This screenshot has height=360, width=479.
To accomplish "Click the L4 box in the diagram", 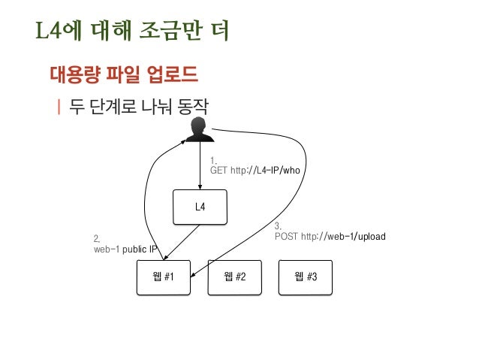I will (200, 207).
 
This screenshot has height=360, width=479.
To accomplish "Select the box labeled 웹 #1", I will (163, 277).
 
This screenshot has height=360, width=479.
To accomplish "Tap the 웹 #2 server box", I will (235, 277).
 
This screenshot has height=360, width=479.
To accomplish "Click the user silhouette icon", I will (199, 129).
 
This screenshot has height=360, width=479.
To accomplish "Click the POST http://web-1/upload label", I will (330, 237).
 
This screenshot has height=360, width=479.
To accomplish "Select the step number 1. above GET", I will (213, 160).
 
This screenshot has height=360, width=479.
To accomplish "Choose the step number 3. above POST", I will (278, 226).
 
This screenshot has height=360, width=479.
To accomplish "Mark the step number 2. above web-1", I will (97, 238).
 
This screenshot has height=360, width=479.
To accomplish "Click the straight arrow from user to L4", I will (199, 165).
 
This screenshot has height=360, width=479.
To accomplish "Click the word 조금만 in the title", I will (161, 32).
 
